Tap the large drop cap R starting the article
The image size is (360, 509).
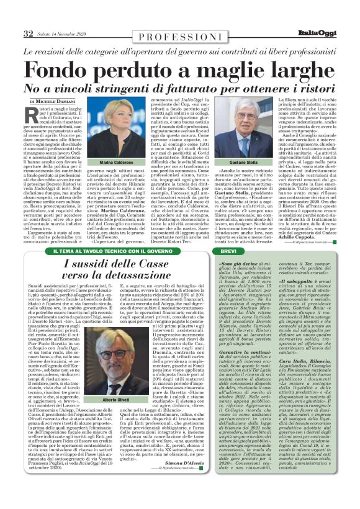coord(32,114)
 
